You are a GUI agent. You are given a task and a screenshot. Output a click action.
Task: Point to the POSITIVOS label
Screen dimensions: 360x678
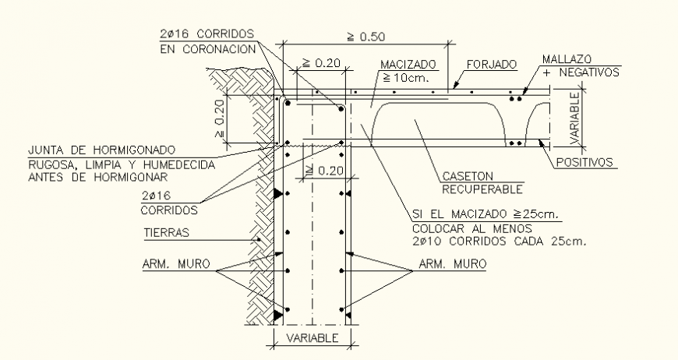[x=587, y=163]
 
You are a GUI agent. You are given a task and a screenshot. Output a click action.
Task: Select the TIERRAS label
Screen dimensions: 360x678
[x=168, y=231]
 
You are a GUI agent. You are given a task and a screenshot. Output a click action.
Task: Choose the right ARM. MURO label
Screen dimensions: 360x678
[x=451, y=265]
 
